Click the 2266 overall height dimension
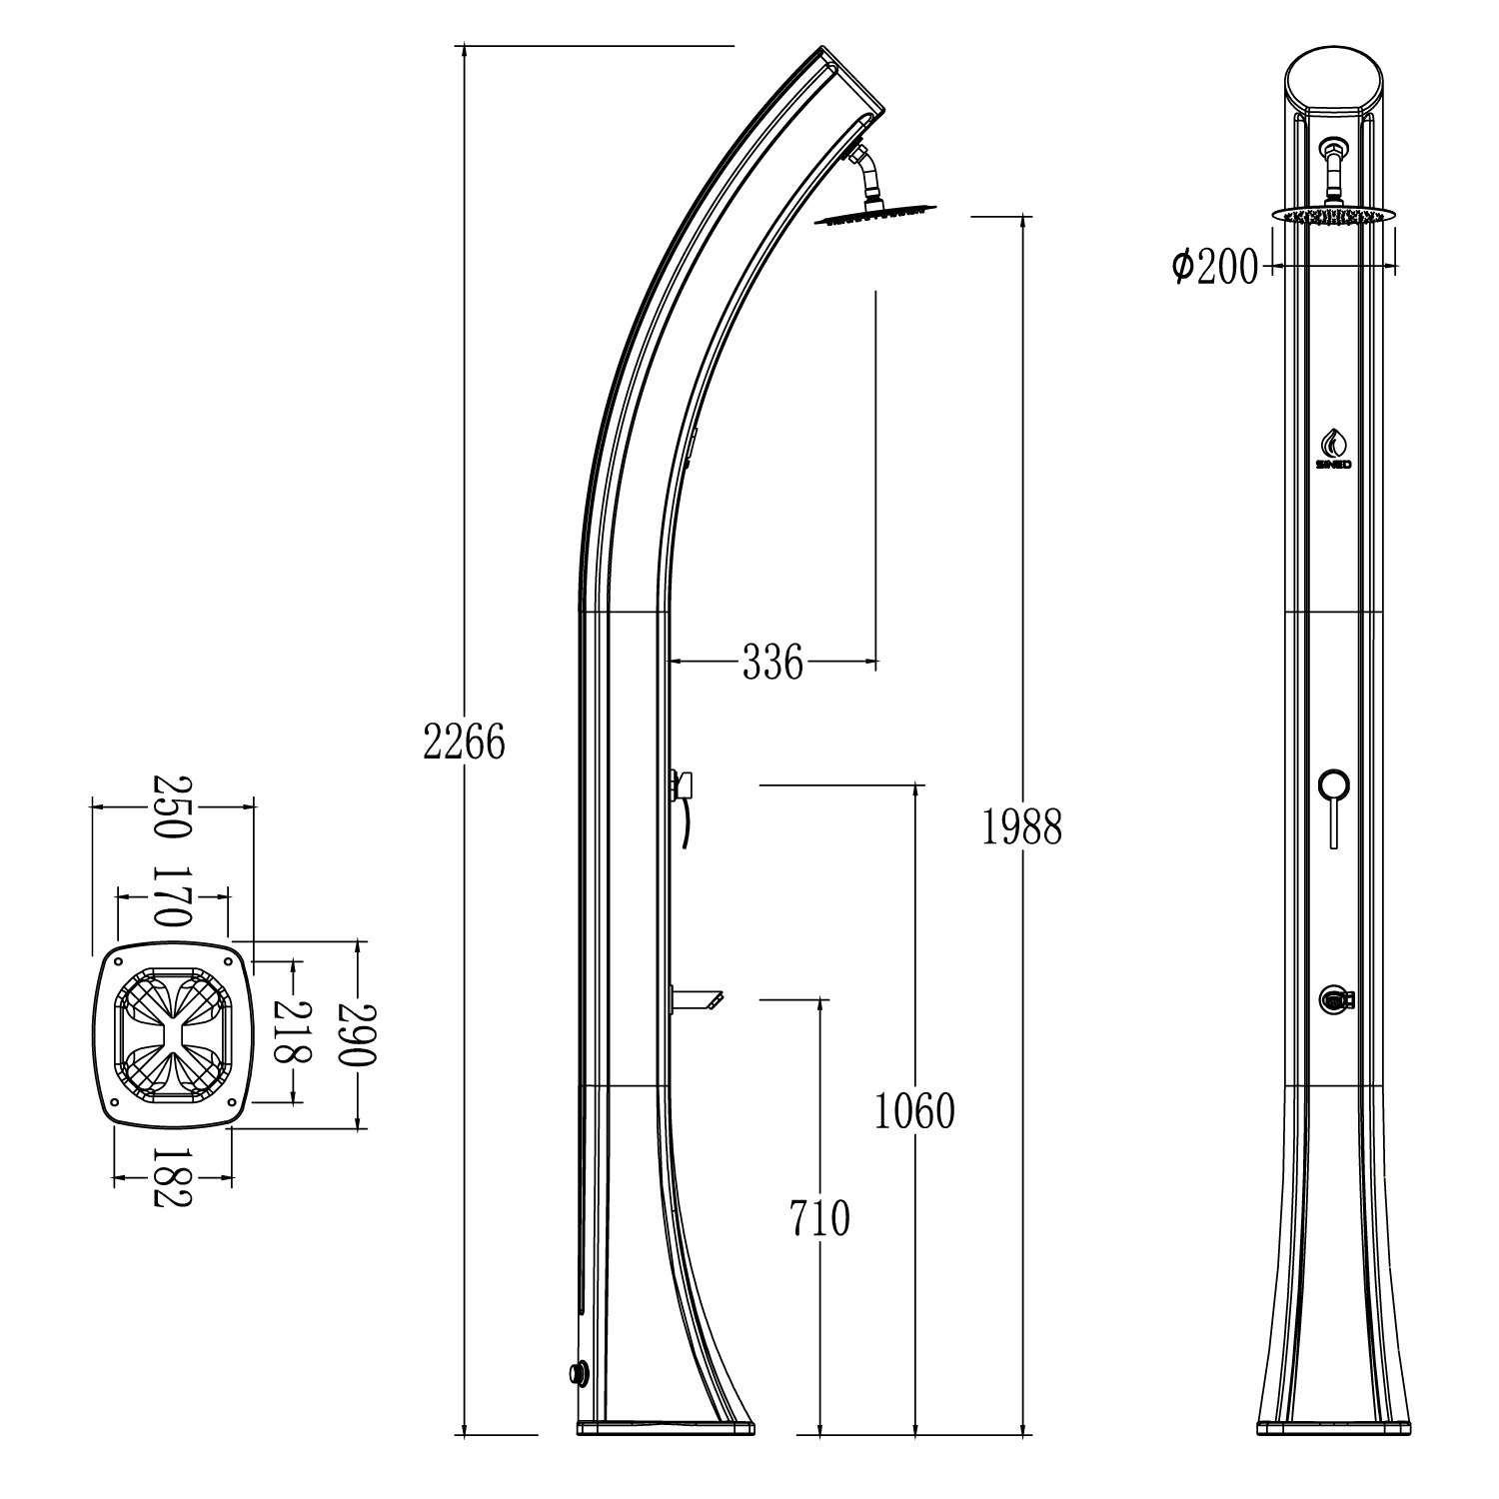(x=465, y=742)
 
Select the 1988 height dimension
(x=1021, y=826)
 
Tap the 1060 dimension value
(x=914, y=1110)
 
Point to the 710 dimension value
(x=819, y=1218)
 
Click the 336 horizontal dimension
(x=772, y=662)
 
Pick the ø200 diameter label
(x=1215, y=267)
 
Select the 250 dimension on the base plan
(x=169, y=806)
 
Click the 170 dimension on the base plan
(x=171, y=896)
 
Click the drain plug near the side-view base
(x=577, y=1372)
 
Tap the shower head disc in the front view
(x=1333, y=214)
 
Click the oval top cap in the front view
(x=1334, y=81)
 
